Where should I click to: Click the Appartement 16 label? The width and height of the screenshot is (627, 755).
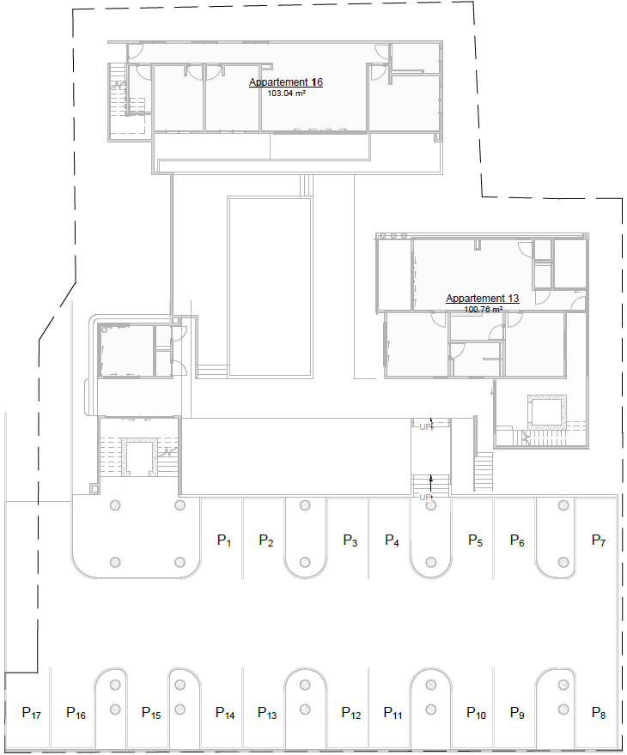[x=286, y=82]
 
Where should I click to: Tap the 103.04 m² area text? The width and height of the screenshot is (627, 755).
[x=287, y=94]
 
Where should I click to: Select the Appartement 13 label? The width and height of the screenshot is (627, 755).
[x=482, y=299]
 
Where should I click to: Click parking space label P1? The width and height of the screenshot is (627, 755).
[x=225, y=541]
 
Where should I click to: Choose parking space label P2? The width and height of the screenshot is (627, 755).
[x=266, y=541]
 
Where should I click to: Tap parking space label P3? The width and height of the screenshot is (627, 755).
[x=350, y=541]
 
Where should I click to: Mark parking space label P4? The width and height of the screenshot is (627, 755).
[x=392, y=541]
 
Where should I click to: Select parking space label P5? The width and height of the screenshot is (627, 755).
[x=475, y=541]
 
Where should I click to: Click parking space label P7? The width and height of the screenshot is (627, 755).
[x=599, y=541]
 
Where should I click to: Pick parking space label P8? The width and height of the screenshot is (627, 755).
[x=599, y=713]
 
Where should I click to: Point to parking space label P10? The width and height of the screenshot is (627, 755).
[x=476, y=713]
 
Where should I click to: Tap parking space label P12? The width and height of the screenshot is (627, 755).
[x=350, y=713]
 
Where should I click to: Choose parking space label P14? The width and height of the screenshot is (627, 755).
[x=225, y=713]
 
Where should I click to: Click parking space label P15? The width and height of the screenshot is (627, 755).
[x=151, y=713]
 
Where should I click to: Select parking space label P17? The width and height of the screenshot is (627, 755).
[x=32, y=713]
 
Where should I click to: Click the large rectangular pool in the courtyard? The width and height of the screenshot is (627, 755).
[x=269, y=287]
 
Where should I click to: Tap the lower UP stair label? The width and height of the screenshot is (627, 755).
[x=425, y=497]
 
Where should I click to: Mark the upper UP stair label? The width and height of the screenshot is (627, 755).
[x=425, y=426]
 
